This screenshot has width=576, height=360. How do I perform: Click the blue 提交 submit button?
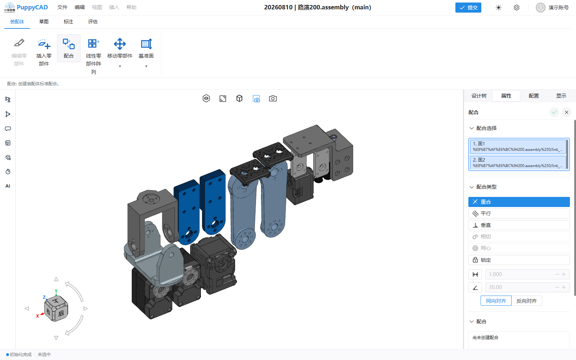(468, 8)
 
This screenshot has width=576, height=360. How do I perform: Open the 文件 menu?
(62, 7)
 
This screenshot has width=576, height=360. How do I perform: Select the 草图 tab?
(44, 22)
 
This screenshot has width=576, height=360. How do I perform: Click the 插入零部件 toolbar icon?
(44, 44)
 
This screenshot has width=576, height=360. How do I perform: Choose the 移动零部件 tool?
(120, 44)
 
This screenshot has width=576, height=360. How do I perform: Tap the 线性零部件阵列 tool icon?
(93, 44)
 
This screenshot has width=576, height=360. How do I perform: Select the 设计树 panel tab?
(479, 96)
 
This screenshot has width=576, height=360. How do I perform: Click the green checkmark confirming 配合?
(554, 112)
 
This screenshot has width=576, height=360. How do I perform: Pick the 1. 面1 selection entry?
(518, 146)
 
